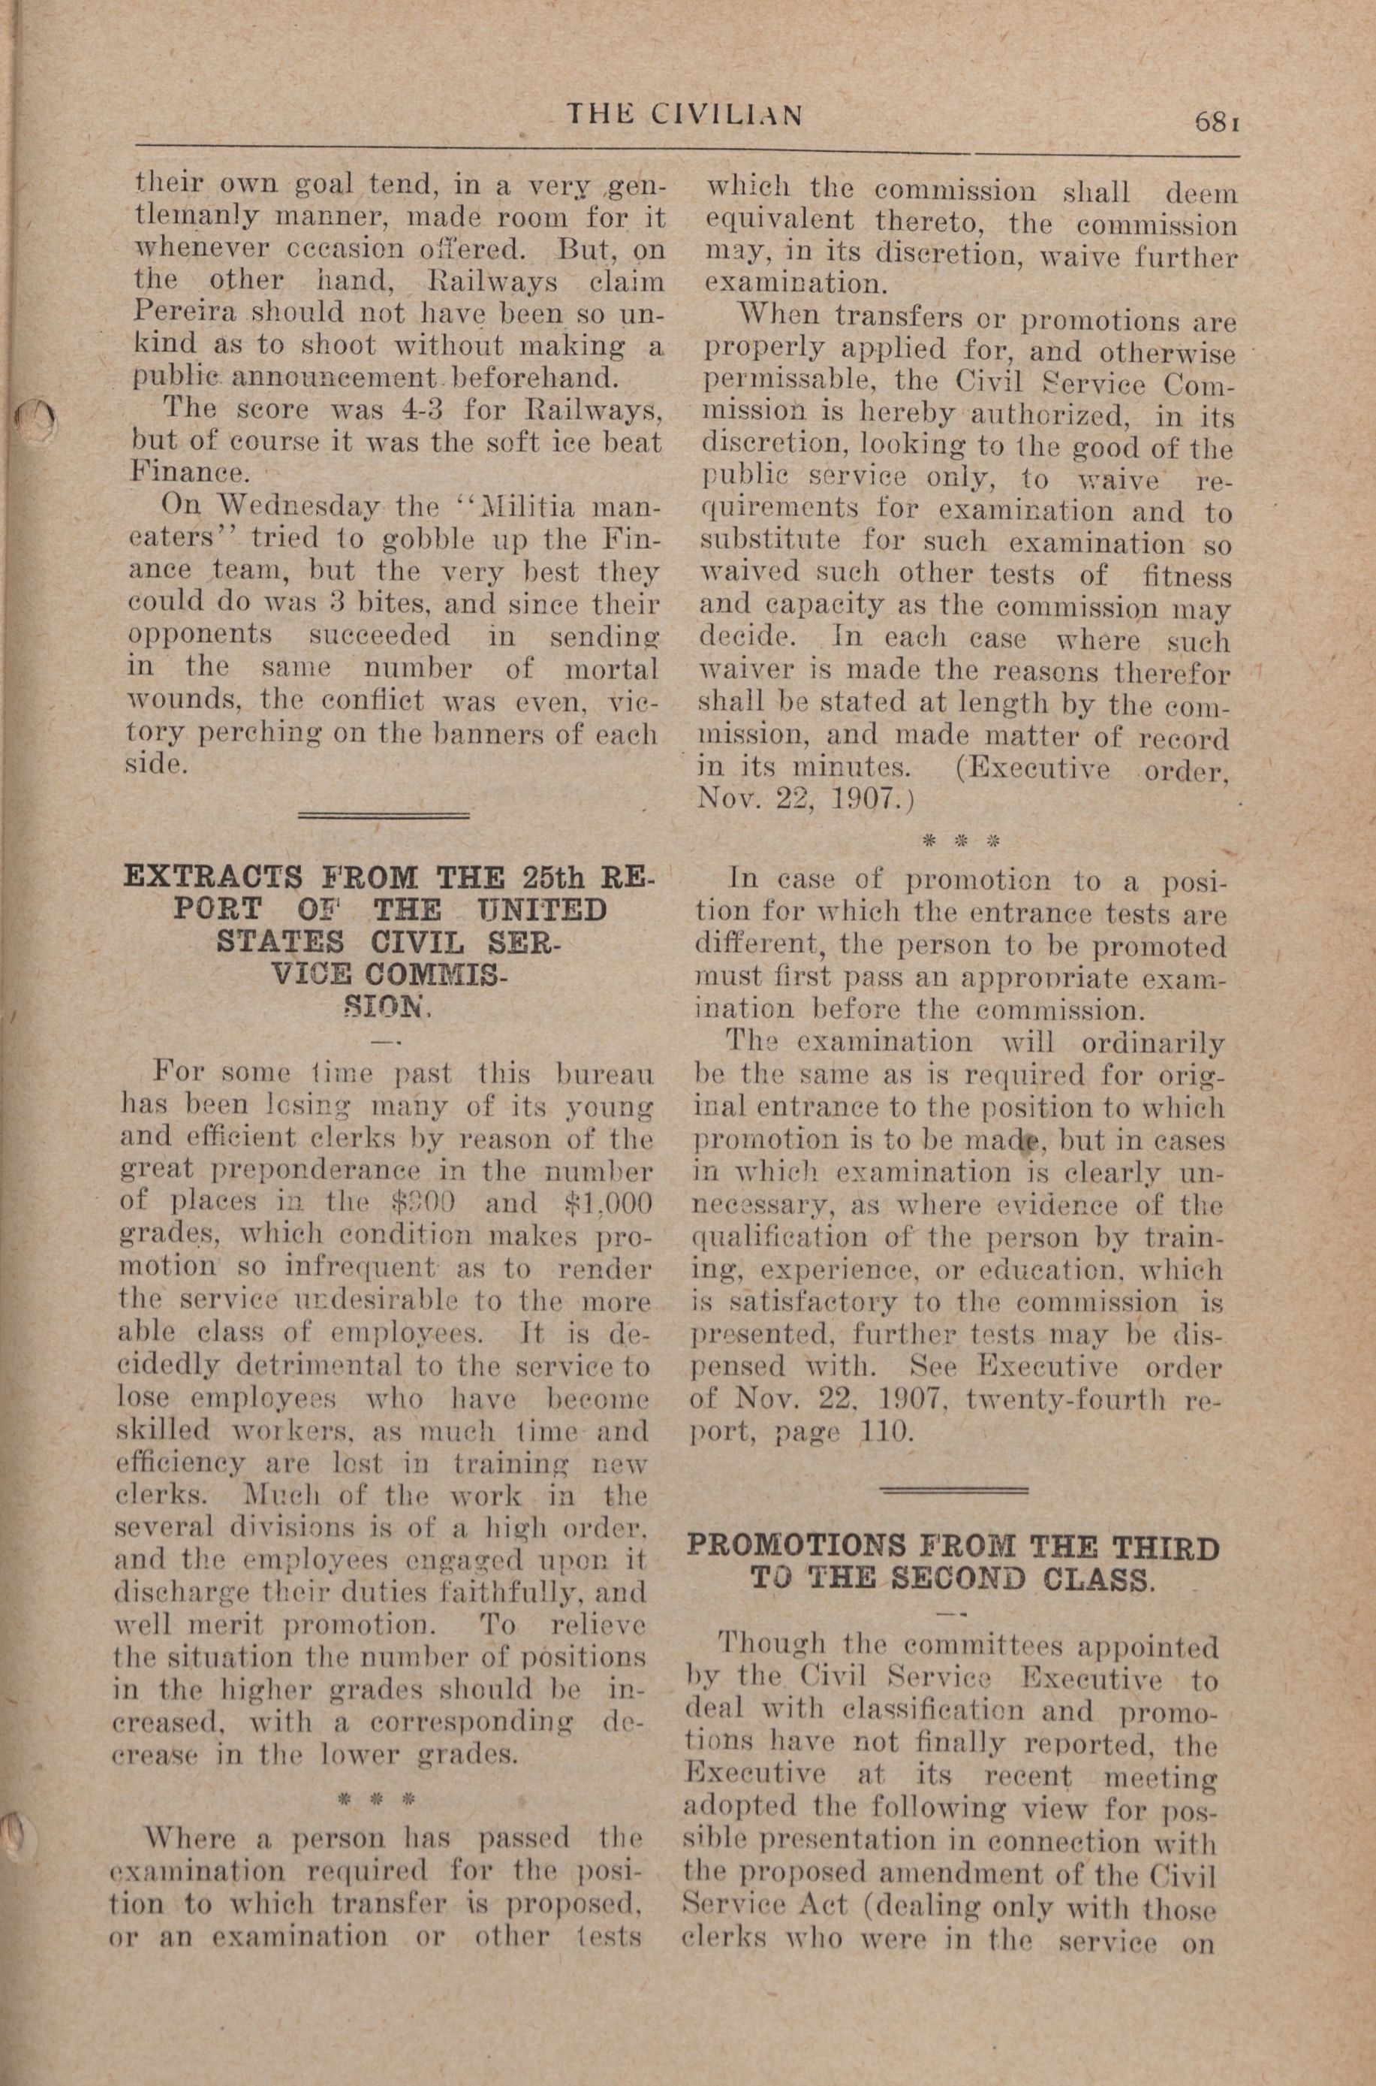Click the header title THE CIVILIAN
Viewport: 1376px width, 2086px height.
coord(684,115)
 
